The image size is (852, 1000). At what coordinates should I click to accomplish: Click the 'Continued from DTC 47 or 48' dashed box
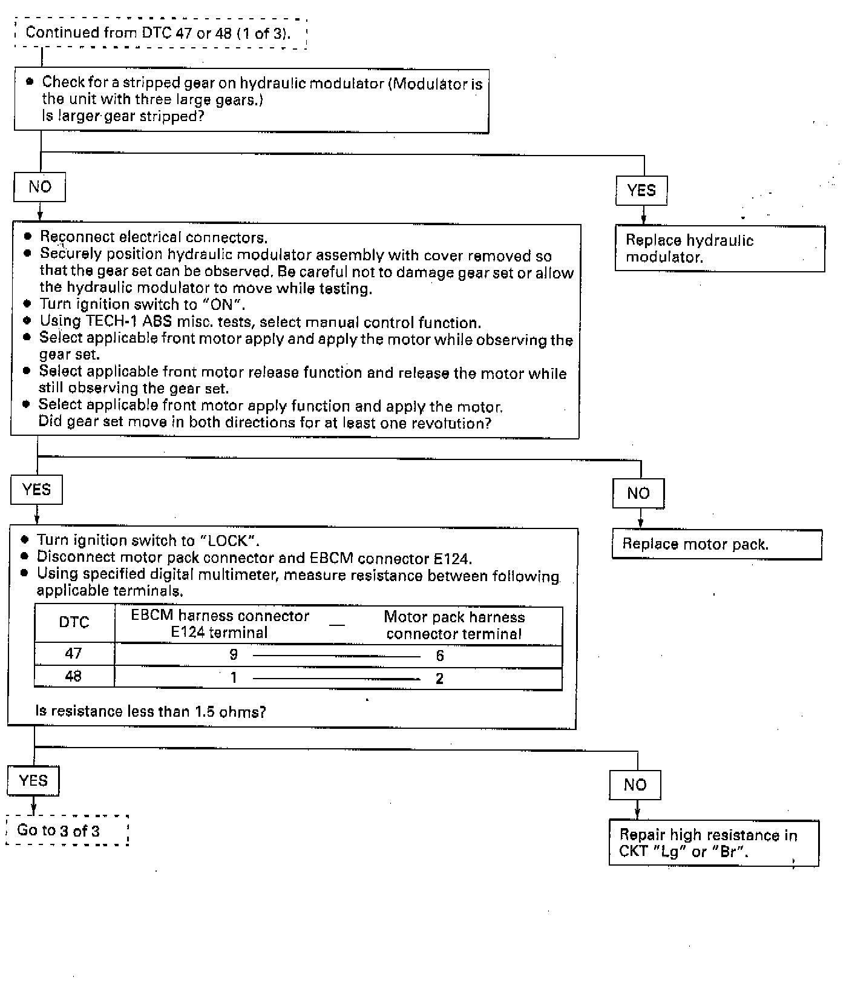(160, 33)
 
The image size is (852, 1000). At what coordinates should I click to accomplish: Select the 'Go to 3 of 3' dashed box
(67, 830)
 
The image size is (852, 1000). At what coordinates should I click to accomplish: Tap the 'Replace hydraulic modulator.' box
(719, 248)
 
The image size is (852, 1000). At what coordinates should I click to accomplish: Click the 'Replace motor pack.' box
(716, 544)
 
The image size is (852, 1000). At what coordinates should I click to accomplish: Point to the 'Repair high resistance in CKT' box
(713, 843)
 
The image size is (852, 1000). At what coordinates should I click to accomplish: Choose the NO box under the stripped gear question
(40, 187)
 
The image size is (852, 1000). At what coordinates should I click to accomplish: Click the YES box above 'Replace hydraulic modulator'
(641, 191)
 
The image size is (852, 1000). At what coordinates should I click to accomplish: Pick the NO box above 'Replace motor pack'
(638, 493)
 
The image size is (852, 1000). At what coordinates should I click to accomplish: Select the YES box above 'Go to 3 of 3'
(33, 780)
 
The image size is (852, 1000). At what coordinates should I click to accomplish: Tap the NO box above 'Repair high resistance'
(635, 785)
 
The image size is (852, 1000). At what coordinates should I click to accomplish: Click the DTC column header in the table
(74, 623)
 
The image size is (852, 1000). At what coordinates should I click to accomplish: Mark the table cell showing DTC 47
(73, 654)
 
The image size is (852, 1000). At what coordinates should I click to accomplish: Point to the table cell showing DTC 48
(73, 676)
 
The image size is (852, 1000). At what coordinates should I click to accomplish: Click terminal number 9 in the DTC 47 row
(234, 655)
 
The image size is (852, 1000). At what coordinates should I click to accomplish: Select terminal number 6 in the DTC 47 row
(440, 656)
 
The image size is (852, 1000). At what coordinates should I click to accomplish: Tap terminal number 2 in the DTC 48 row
(439, 679)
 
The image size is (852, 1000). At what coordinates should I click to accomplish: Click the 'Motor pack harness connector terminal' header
(454, 625)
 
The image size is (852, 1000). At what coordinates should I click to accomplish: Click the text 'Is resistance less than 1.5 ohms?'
(151, 711)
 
